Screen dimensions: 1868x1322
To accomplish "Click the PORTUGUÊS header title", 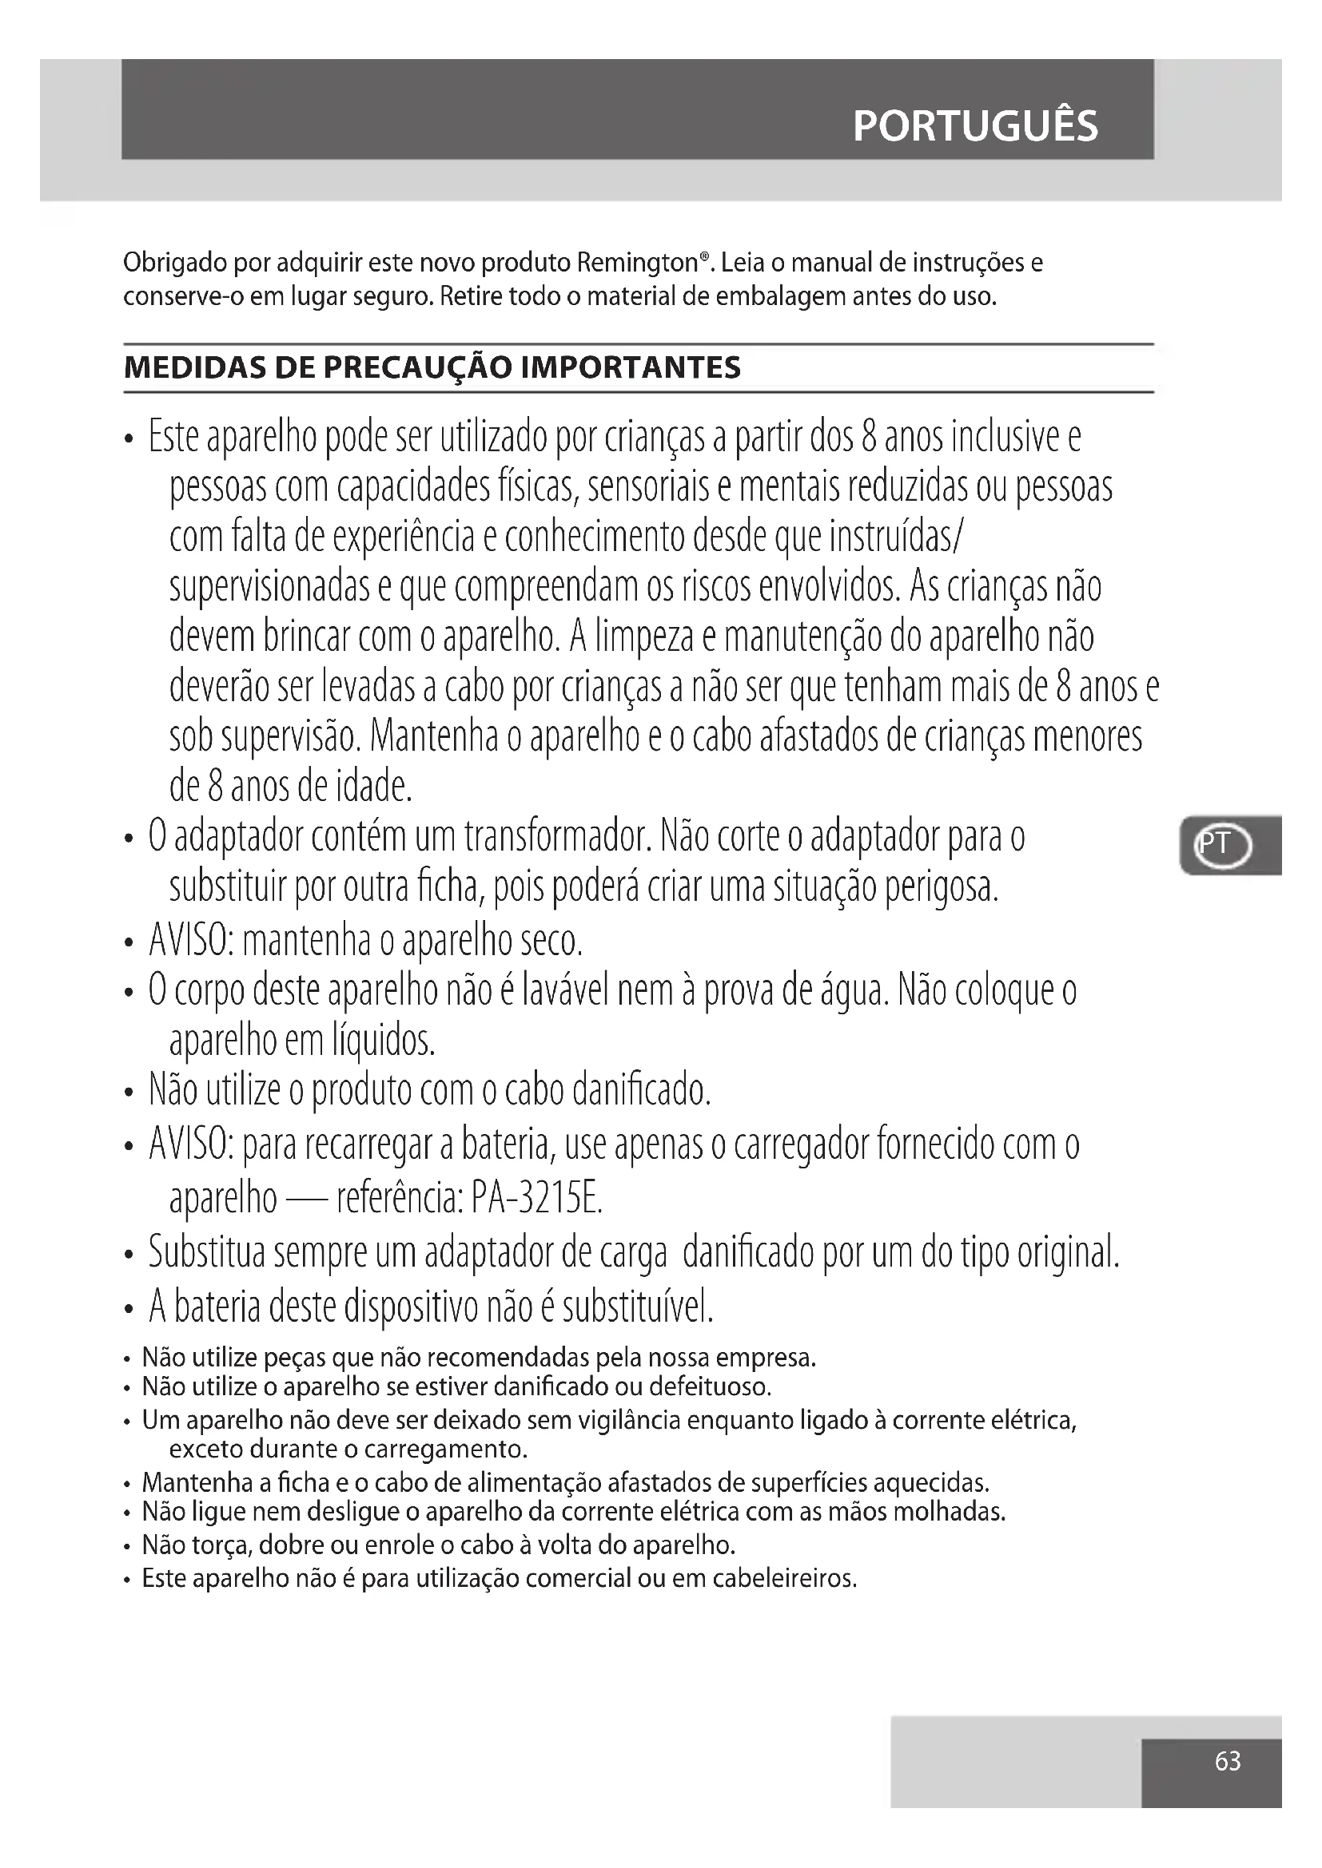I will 975,126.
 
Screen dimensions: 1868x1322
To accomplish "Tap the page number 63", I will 1228,1761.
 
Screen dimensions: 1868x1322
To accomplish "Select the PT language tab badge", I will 1222,845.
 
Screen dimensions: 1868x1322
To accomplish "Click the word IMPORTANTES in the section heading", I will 630,367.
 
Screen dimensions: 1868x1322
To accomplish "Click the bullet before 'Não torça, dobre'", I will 127,1547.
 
